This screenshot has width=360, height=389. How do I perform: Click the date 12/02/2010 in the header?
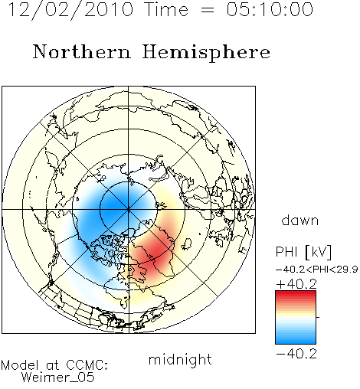coord(70,10)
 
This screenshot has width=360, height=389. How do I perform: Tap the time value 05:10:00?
coord(270,10)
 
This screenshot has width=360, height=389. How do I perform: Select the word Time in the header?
coord(166,10)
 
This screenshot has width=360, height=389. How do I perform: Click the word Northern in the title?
coord(82,51)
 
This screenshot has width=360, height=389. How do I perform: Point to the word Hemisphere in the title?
coord(206,53)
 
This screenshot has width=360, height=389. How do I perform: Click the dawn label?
coord(300,220)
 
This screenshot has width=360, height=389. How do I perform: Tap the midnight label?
coord(180,359)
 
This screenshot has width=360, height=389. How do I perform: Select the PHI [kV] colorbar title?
coord(303,252)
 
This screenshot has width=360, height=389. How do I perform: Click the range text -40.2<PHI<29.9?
coord(316,270)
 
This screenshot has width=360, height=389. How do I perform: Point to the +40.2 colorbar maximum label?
coord(296,284)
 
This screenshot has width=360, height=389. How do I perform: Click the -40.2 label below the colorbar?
coord(296,354)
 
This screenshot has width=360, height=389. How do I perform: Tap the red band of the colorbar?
coord(296,297)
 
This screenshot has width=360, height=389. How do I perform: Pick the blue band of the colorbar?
coord(296,337)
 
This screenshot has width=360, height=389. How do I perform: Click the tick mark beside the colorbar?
coord(318,317)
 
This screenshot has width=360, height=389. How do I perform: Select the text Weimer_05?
coord(57,377)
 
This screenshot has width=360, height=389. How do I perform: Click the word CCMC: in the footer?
coord(87,365)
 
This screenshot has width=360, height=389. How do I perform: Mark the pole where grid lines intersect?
coord(129,210)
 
